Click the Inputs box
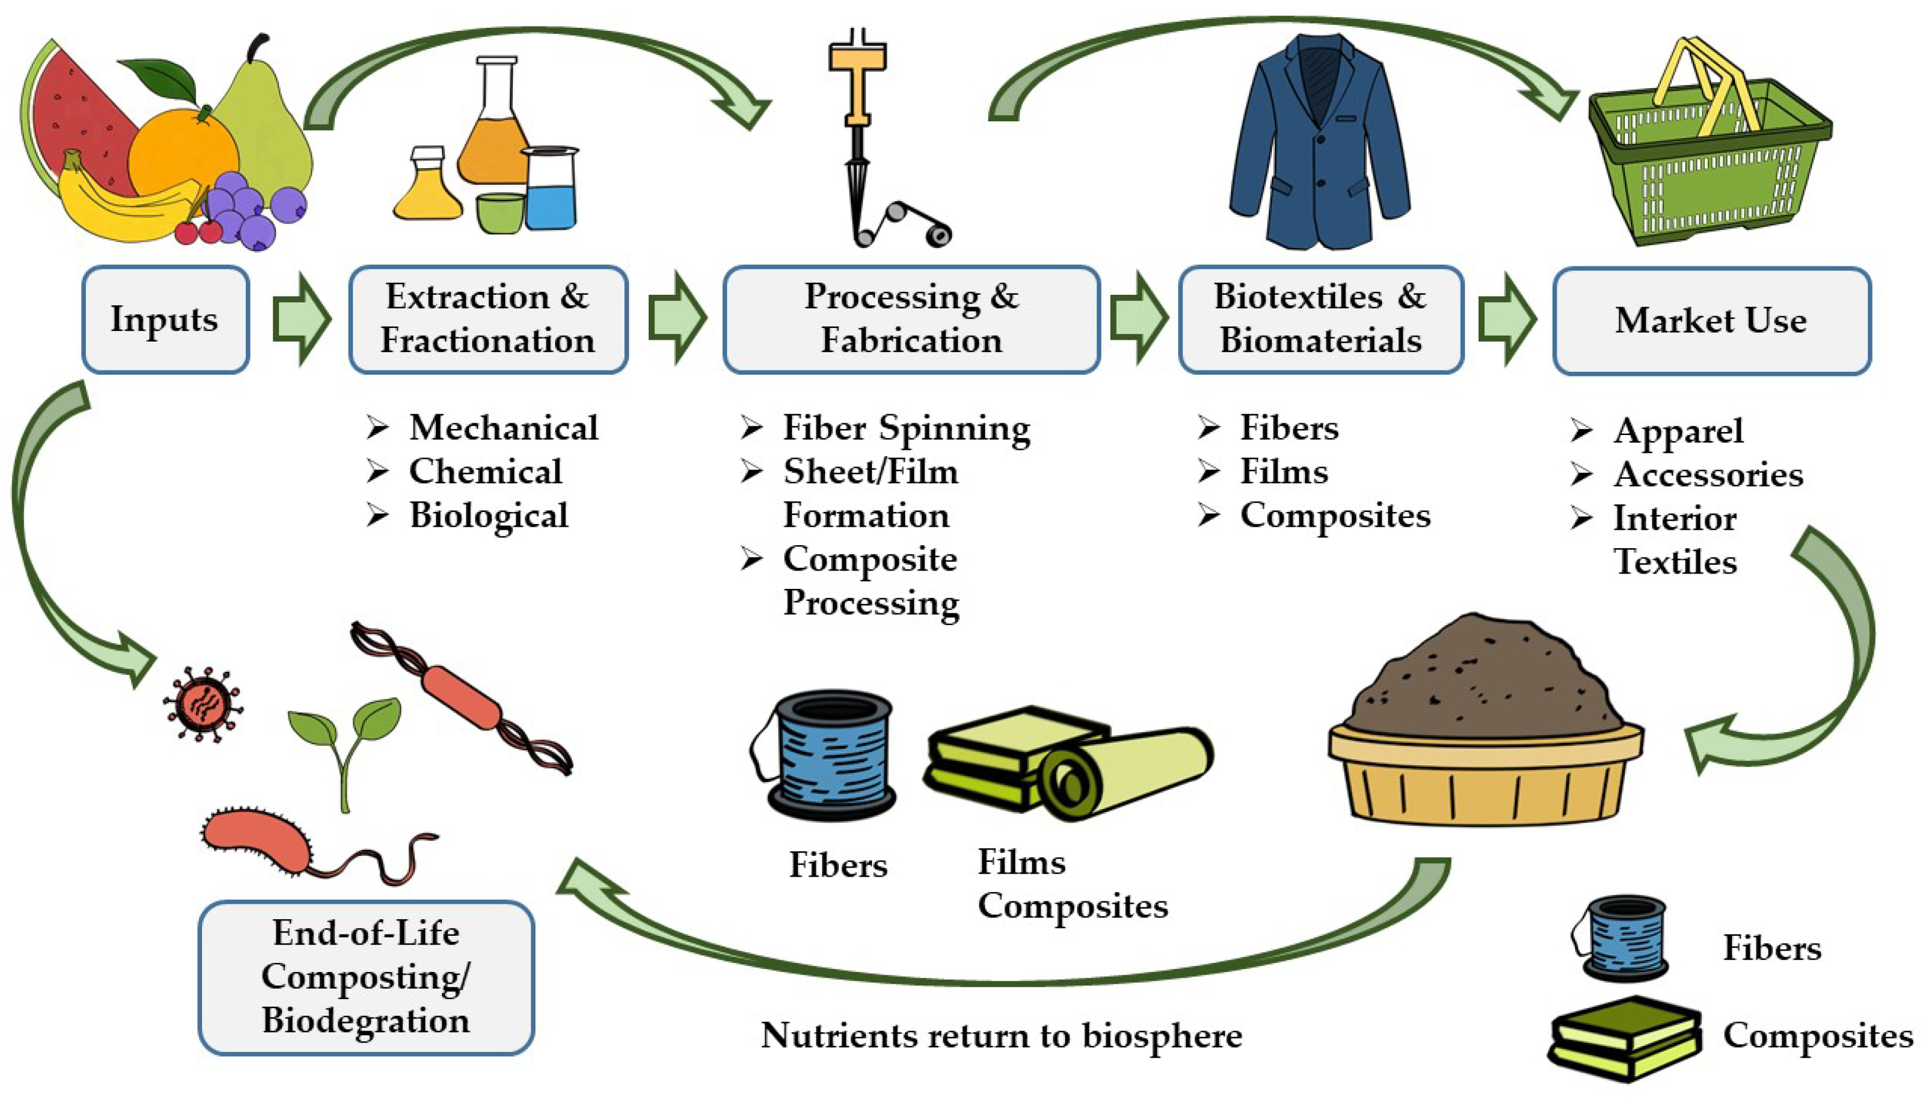165,319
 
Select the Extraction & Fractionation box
488,319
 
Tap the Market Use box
1711,320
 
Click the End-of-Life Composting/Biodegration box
366,977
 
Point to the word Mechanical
504,427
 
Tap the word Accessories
1708,474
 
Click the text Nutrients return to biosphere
1001,1035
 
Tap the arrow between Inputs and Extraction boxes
301,319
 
